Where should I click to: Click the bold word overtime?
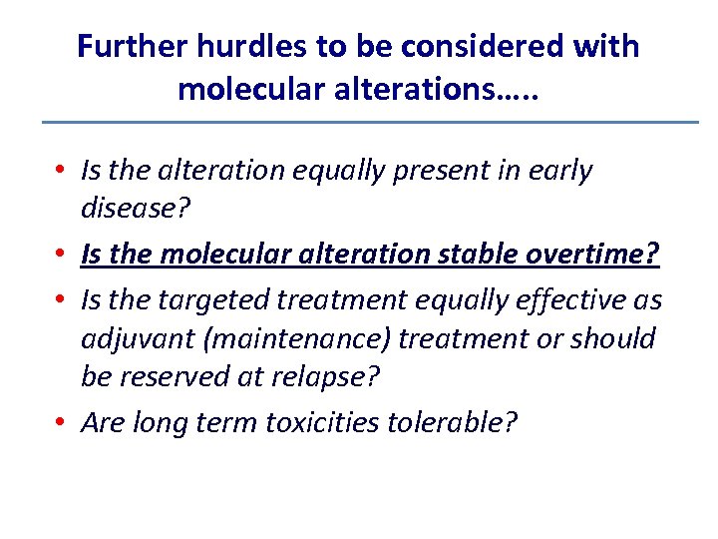coord(602,256)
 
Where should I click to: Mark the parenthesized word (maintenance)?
coord(301,340)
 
